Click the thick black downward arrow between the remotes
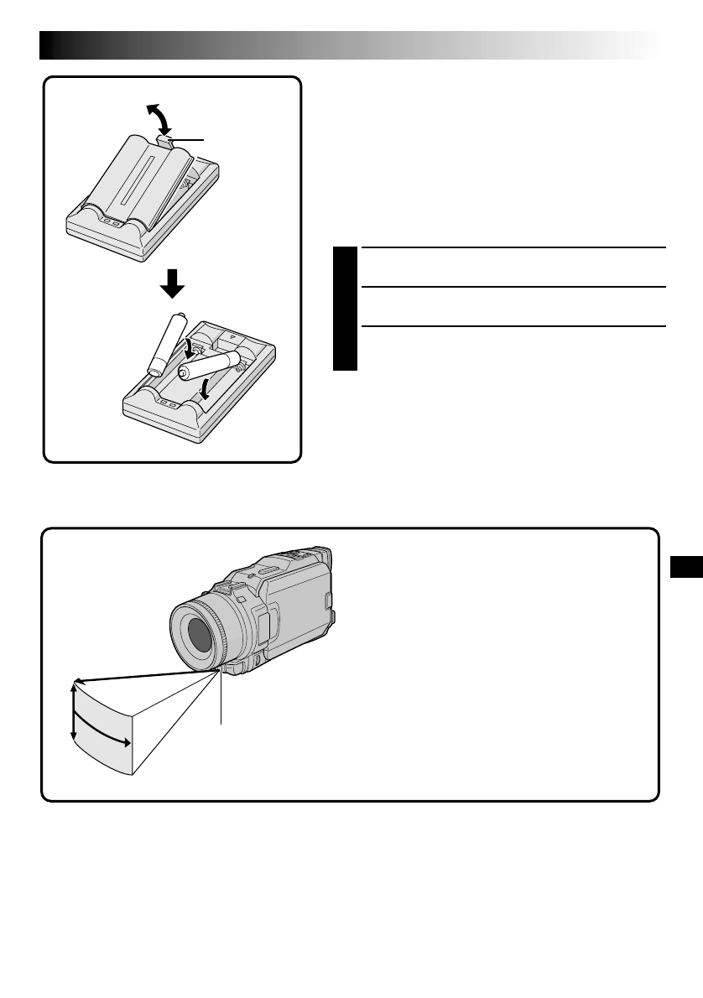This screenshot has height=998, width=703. click(173, 287)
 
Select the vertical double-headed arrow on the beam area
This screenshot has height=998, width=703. click(74, 710)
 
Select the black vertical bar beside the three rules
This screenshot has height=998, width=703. click(344, 309)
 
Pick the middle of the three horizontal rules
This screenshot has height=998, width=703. click(512, 287)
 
